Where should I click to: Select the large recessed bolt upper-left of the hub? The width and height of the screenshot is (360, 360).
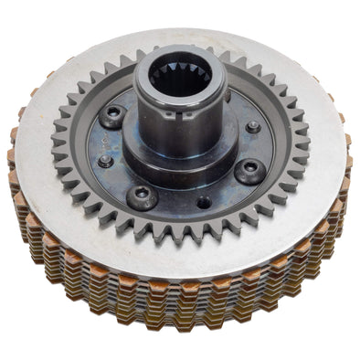(x=113, y=116)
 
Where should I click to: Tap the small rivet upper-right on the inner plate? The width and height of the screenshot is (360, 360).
(x=252, y=127)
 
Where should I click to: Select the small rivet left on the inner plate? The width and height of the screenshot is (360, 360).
(x=106, y=161)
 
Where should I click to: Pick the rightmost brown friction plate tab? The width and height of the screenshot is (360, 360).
(x=348, y=164)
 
